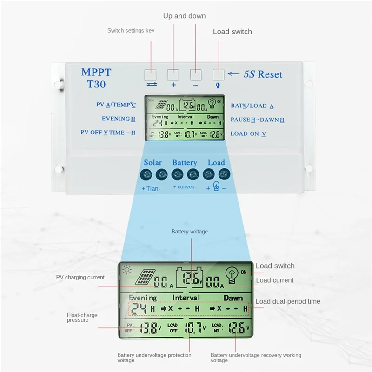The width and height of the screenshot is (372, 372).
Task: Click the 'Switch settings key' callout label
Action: tap(131, 31)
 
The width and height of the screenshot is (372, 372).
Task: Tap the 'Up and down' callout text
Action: tap(184, 16)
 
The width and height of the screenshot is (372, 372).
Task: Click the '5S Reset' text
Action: tap(263, 74)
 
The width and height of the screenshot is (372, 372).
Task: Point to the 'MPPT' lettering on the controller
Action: tap(96, 72)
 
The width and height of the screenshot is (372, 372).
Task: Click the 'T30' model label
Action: tap(96, 85)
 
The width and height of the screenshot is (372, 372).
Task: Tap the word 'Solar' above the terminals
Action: tap(153, 163)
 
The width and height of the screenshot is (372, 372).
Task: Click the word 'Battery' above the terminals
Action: tap(185, 163)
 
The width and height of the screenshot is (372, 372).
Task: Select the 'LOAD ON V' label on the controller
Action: tap(248, 133)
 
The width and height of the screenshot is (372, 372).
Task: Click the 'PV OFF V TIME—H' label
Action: tap(107, 133)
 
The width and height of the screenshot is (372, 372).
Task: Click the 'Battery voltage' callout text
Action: tap(189, 232)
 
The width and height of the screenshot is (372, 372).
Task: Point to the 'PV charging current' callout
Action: tap(80, 277)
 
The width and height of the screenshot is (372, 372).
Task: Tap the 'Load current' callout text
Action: tap(275, 280)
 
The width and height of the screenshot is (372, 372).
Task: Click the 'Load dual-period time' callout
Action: tap(288, 301)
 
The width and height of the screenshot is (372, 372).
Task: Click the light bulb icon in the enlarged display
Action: tap(231, 275)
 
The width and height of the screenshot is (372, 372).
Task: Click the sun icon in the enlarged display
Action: tap(126, 269)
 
